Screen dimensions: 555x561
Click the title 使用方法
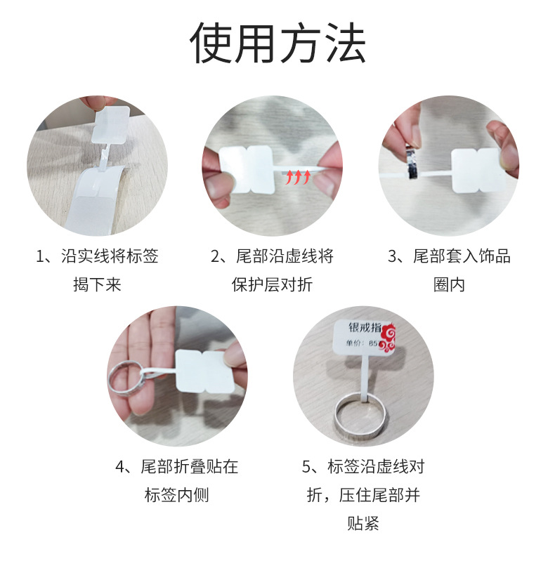(x=277, y=43)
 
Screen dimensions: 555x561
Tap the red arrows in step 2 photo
(x=298, y=177)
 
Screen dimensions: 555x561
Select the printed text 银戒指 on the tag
(x=365, y=327)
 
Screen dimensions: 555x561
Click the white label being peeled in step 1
(x=110, y=124)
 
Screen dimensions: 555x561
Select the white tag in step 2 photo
(x=247, y=170)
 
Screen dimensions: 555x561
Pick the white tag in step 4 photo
(x=205, y=371)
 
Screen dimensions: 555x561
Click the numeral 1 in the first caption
(x=40, y=256)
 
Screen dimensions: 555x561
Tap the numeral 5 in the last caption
(x=306, y=467)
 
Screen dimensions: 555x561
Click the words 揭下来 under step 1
(x=97, y=285)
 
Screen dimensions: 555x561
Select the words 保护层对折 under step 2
(x=272, y=285)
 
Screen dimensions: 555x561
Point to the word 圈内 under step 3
(x=449, y=285)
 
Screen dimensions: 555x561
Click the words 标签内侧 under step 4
(x=176, y=495)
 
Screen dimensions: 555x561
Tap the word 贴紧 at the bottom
(x=363, y=523)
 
